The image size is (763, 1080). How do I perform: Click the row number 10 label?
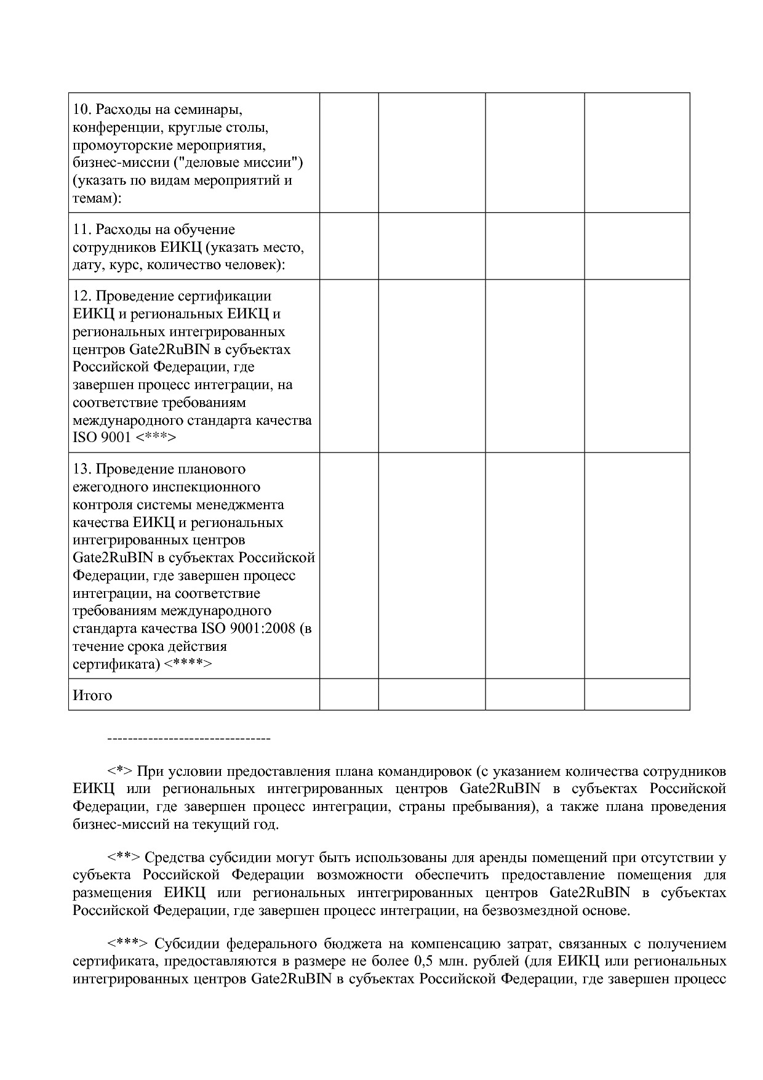[x=81, y=110]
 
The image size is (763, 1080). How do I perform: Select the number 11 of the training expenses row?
[x=81, y=230]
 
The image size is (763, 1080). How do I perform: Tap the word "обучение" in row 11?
[x=206, y=230]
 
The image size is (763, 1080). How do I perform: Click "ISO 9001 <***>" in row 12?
[x=124, y=438]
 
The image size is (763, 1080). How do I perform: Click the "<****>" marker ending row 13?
[x=188, y=664]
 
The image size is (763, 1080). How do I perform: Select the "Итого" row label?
[x=92, y=696]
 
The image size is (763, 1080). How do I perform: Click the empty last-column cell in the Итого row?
[x=637, y=695]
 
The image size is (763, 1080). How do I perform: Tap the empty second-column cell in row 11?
[x=349, y=246]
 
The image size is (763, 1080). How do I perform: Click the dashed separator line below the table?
[x=189, y=738]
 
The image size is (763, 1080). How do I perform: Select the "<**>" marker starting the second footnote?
[x=124, y=858]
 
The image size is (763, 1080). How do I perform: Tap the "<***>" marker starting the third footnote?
[x=127, y=944]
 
